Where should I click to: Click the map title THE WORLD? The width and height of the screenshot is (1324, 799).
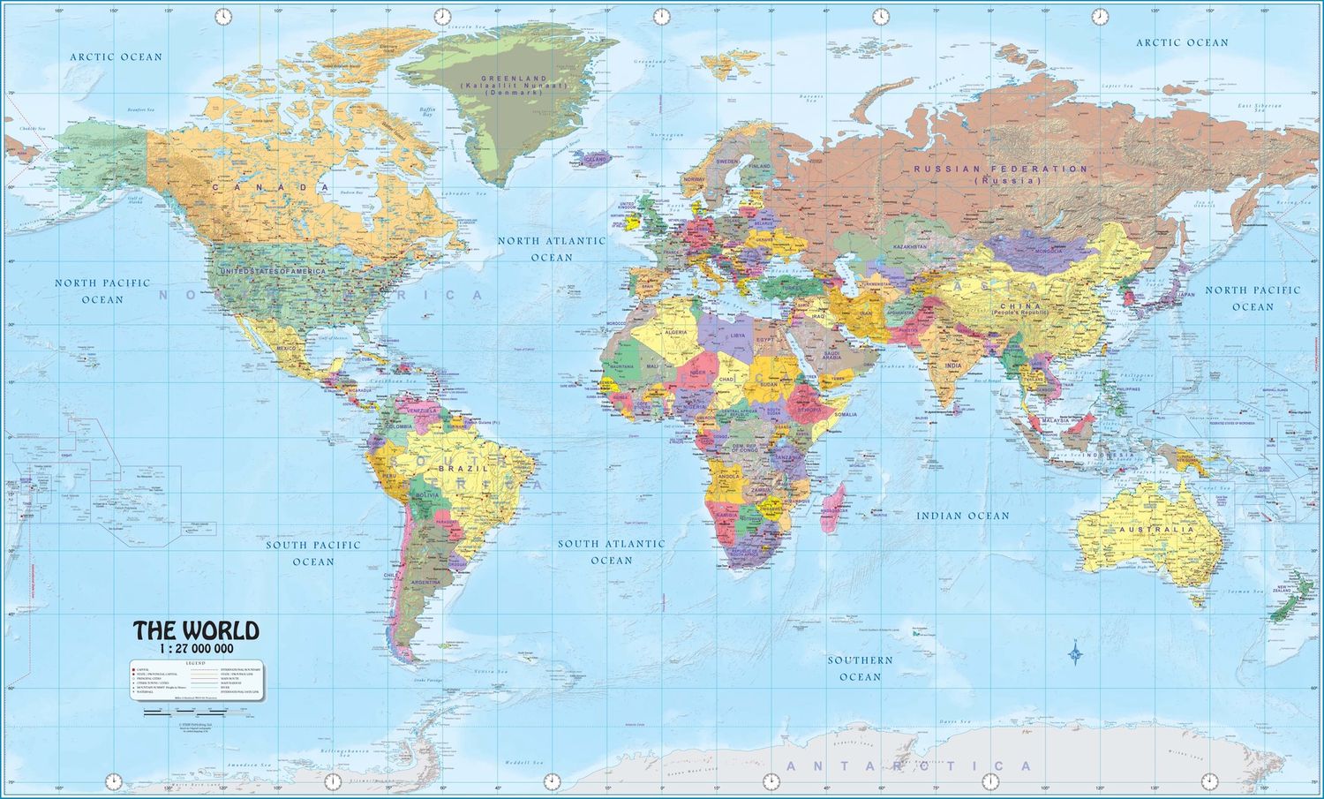(x=196, y=630)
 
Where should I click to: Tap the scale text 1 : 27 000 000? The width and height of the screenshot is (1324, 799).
(x=196, y=648)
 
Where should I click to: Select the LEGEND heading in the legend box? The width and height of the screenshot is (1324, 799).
(x=196, y=662)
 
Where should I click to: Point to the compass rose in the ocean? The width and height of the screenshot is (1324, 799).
(x=1075, y=654)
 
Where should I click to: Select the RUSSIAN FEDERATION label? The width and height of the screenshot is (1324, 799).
(x=1000, y=169)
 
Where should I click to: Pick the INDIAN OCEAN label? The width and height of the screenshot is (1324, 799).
(x=962, y=516)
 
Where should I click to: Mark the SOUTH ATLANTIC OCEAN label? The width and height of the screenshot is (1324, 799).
(x=611, y=552)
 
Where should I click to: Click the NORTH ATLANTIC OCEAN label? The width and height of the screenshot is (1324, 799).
(x=552, y=248)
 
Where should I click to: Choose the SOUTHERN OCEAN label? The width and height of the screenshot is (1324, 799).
(x=860, y=668)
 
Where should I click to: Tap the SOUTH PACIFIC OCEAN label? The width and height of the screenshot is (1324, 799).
(x=313, y=553)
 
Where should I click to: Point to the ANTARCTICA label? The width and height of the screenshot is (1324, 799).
(x=909, y=765)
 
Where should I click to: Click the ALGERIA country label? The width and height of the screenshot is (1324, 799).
(x=674, y=332)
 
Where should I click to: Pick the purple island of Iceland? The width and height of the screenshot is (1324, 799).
(x=590, y=160)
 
